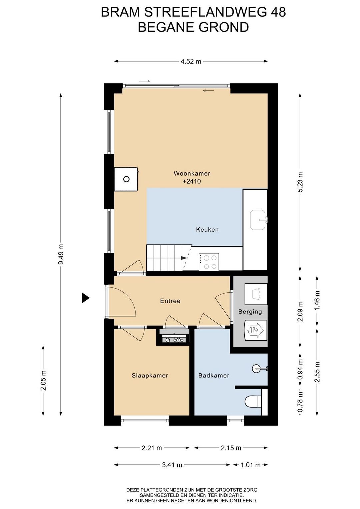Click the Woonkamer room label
192,173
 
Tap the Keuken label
207,230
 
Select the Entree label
170,301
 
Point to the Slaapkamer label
150,375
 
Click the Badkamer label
214,375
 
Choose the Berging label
250,312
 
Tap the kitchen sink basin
258,220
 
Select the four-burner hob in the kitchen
209,262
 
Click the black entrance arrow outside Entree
86,298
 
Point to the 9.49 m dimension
61,254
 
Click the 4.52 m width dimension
191,61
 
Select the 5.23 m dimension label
300,182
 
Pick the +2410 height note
192,181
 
